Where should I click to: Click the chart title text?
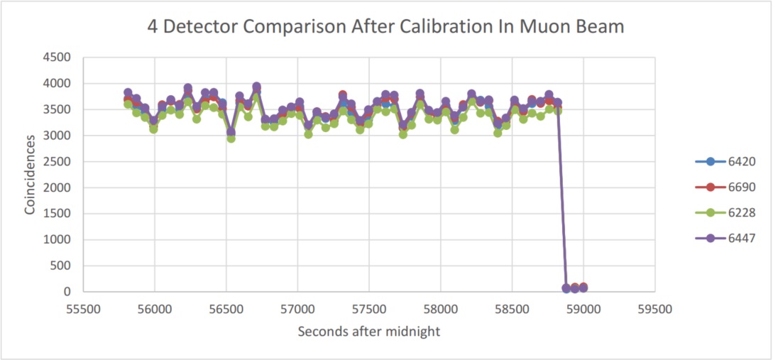point(386,27)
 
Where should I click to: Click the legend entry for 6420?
point(725,161)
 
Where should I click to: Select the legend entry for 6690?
point(725,187)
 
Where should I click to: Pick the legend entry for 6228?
point(725,212)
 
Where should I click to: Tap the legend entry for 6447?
point(725,238)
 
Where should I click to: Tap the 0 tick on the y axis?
point(74,292)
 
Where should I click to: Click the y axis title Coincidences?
point(31,175)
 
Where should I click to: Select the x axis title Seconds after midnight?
point(368,332)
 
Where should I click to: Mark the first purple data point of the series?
point(128,93)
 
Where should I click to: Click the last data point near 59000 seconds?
point(583,288)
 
